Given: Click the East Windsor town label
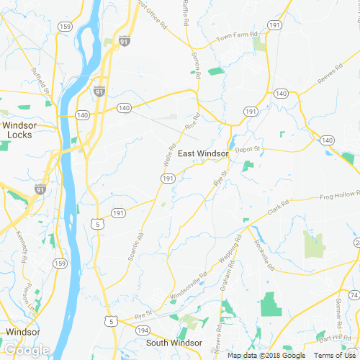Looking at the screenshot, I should coord(203,153).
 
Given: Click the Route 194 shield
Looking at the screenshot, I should coord(143,330).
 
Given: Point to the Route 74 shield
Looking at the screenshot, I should coord(354,296).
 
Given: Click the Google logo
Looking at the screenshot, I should coord(27,351).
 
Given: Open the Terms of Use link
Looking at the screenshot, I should coord(336,356).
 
